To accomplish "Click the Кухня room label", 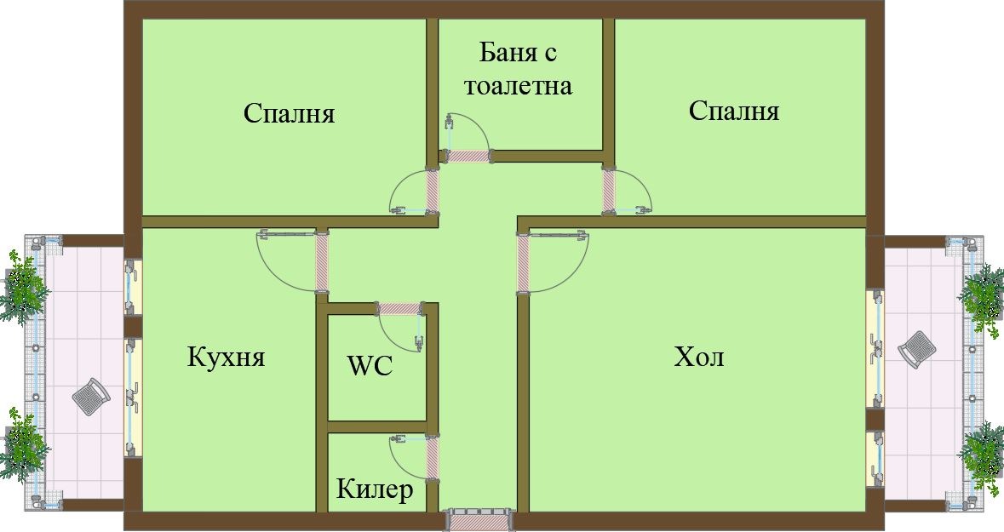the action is pyautogui.click(x=226, y=357).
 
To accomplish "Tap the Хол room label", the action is pyautogui.click(x=699, y=357).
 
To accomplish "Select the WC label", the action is pyautogui.click(x=370, y=367).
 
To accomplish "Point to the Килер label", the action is pyautogui.click(x=375, y=489).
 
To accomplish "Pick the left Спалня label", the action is pyautogui.click(x=289, y=113).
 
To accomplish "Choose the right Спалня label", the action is pyautogui.click(x=734, y=111).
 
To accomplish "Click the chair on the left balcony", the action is pyautogui.click(x=89, y=397).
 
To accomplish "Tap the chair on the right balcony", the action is pyautogui.click(x=915, y=349).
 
